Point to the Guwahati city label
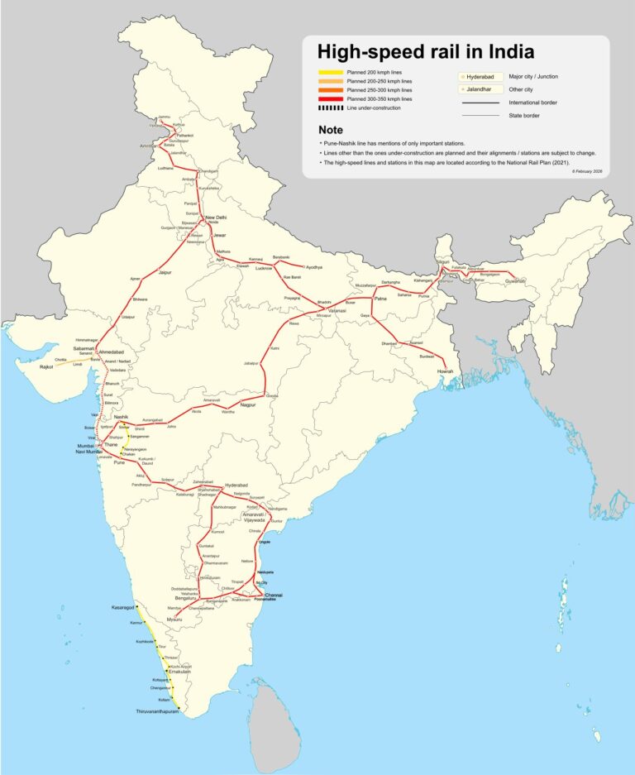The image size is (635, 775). [x=511, y=282]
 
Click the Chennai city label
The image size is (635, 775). [x=274, y=596]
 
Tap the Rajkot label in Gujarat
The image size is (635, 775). [x=45, y=366]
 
